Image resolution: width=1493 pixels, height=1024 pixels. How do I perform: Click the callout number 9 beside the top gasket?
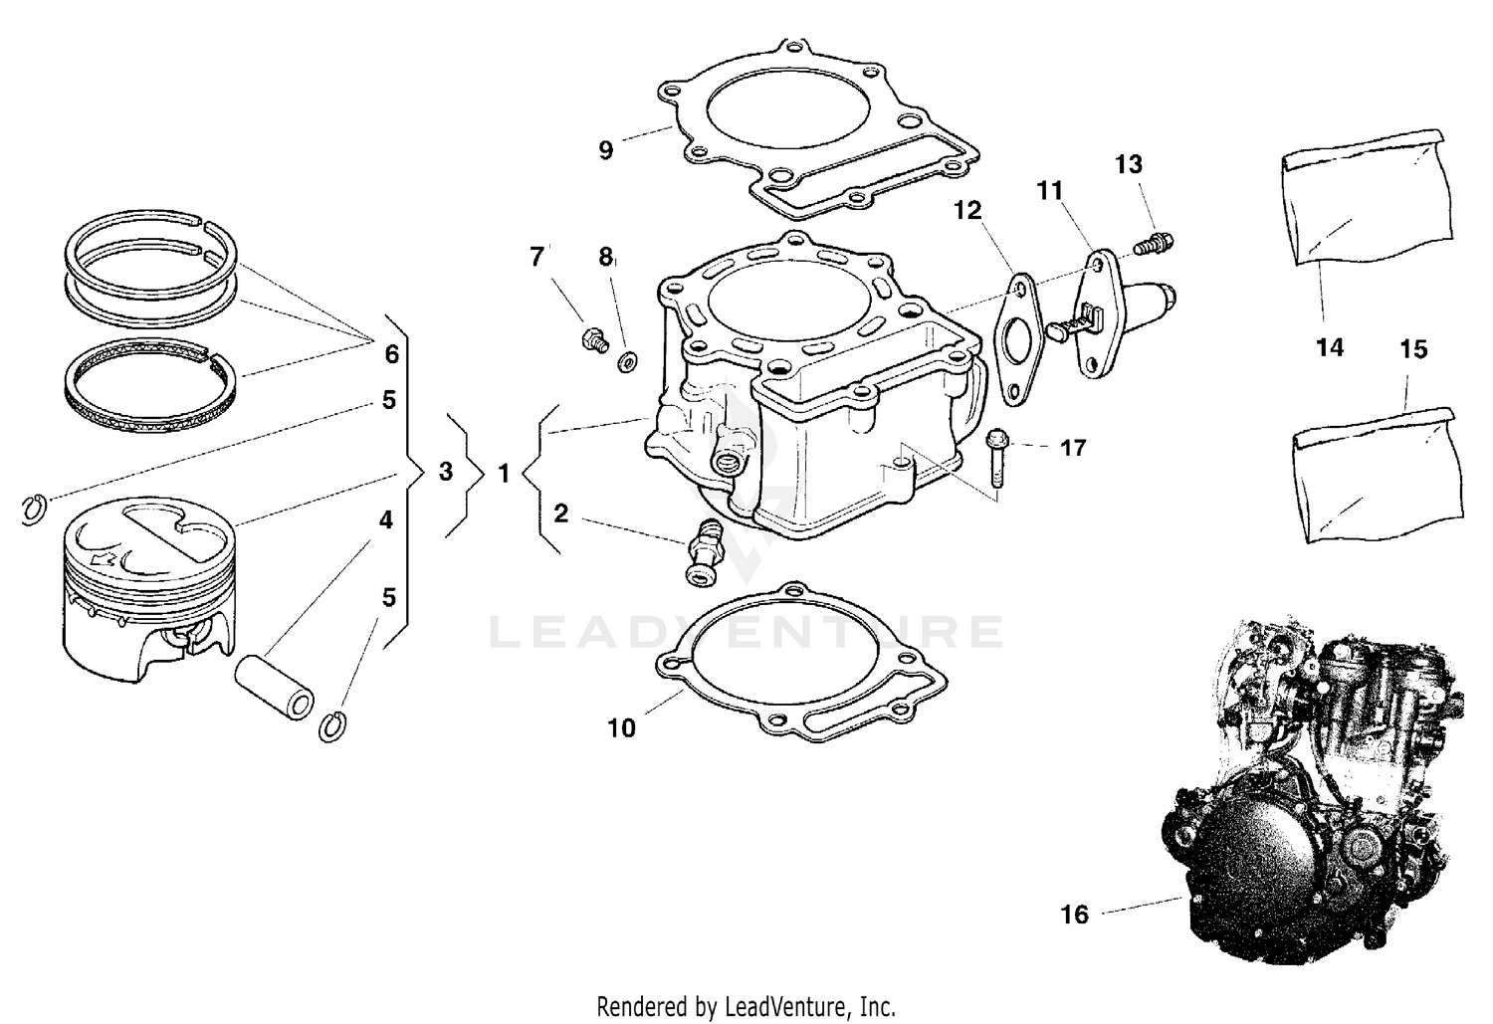tap(605, 151)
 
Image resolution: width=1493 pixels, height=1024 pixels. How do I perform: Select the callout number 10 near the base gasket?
tap(621, 728)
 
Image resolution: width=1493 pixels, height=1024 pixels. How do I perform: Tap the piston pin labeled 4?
tap(275, 687)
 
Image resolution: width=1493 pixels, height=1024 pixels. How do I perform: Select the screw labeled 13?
tap(1155, 240)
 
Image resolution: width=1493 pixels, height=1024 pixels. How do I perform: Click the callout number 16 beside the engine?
tap(1075, 914)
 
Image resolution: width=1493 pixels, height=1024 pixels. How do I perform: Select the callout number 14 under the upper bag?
tap(1329, 347)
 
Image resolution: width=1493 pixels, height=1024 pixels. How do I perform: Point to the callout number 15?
tap(1413, 349)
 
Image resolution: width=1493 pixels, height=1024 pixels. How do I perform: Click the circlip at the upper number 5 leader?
tap(34, 509)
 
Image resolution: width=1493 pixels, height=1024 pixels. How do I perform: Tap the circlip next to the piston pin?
tap(333, 726)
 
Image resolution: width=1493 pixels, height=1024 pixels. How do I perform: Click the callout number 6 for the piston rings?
tap(391, 353)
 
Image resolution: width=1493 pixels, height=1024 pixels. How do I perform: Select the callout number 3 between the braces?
tap(445, 471)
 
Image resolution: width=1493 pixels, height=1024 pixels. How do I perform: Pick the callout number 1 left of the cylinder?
tap(504, 474)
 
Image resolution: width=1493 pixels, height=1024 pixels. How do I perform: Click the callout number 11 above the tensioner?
tap(1050, 190)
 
